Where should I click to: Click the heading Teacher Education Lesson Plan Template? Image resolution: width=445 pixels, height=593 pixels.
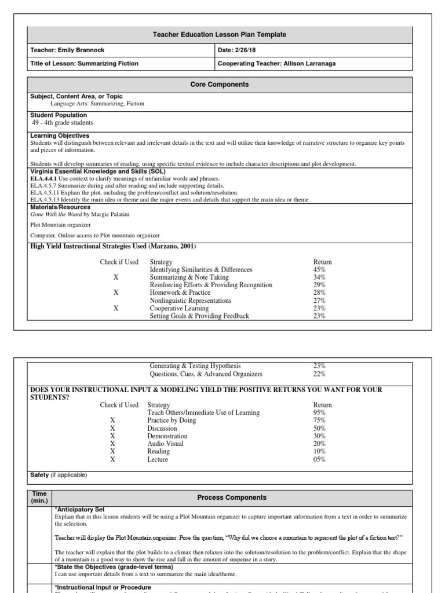pyautogui.click(x=222, y=35)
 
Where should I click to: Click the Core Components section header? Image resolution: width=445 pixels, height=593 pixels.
pyautogui.click(x=220, y=85)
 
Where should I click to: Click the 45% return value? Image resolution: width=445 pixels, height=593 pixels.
pyautogui.click(x=319, y=270)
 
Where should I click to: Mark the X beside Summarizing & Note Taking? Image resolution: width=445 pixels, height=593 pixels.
pyautogui.click(x=116, y=277)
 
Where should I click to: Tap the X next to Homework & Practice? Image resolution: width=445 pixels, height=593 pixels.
pyautogui.click(x=116, y=293)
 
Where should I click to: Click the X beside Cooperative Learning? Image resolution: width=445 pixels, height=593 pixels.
pyautogui.click(x=116, y=309)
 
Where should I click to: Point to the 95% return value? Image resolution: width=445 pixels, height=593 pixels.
pyautogui.click(x=319, y=412)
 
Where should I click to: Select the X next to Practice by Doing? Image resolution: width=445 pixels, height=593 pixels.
pyautogui.click(x=112, y=420)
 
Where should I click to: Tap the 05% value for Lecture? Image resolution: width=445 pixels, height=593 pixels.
pyautogui.click(x=319, y=459)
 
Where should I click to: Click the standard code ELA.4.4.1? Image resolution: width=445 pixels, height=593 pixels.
pyautogui.click(x=43, y=180)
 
